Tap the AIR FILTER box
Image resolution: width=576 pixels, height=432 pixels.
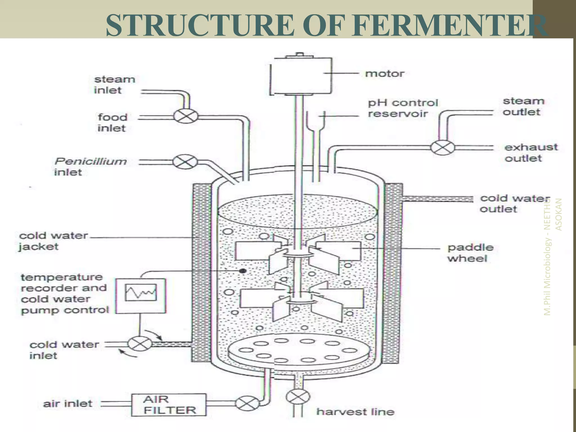(x=169, y=405)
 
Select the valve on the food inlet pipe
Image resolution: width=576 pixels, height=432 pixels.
(x=185, y=116)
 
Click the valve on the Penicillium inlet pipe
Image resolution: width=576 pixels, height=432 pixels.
(x=185, y=162)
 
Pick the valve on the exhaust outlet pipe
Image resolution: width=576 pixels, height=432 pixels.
(x=443, y=147)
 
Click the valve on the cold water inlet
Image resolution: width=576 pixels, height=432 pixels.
(x=140, y=344)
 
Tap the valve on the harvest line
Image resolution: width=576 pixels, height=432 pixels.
(x=298, y=397)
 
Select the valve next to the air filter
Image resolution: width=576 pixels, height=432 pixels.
(x=247, y=403)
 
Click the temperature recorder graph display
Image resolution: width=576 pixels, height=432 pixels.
(x=141, y=292)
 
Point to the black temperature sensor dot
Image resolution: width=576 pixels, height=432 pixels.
(x=243, y=271)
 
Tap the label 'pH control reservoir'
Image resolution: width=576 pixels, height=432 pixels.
(x=403, y=108)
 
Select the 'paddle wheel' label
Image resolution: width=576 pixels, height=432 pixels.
(x=470, y=253)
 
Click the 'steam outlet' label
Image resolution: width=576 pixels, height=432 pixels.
(x=523, y=106)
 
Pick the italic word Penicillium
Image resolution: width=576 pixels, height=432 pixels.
(x=91, y=161)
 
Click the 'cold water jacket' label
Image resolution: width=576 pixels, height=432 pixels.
(x=53, y=241)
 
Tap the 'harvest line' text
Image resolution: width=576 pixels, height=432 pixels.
(x=355, y=412)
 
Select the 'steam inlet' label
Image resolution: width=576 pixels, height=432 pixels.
(x=114, y=85)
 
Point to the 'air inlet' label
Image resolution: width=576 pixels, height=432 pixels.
(x=67, y=404)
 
